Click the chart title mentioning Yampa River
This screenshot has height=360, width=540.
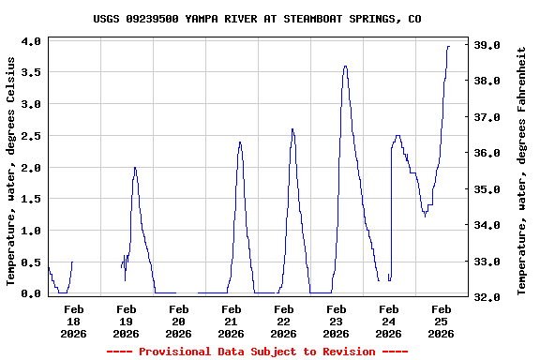(x=270, y=19)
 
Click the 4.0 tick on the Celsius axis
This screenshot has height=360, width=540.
(x=30, y=41)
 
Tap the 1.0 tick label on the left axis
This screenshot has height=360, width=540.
(x=30, y=231)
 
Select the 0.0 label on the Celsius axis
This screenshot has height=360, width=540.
(x=30, y=293)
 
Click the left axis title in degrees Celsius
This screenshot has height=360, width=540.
(x=11, y=171)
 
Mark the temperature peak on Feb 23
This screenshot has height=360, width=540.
(x=345, y=67)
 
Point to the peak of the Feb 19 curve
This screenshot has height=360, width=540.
(x=135, y=168)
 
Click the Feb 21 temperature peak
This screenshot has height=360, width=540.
(x=240, y=142)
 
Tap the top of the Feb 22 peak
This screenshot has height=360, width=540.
(x=292, y=129)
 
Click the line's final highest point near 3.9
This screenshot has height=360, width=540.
(x=448, y=47)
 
